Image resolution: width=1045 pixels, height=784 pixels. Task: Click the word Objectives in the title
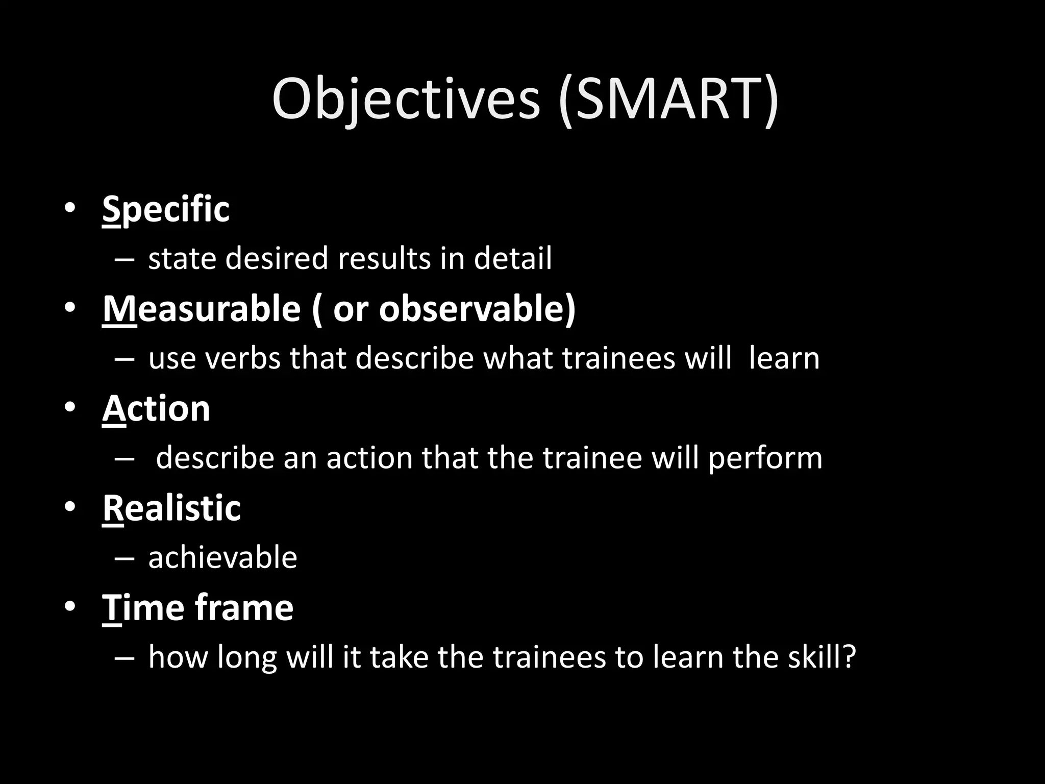(406, 100)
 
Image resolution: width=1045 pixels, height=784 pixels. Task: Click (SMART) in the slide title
(668, 100)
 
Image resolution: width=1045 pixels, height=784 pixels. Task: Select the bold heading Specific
(166, 209)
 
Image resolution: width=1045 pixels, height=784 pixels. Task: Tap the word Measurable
(202, 309)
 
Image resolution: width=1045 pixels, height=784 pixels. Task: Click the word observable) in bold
(477, 309)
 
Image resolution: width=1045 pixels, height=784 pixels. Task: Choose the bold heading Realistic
(171, 508)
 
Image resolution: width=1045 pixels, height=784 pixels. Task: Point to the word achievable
(222, 557)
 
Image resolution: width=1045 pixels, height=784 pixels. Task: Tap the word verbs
(242, 358)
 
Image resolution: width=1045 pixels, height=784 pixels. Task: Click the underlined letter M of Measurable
(119, 309)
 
